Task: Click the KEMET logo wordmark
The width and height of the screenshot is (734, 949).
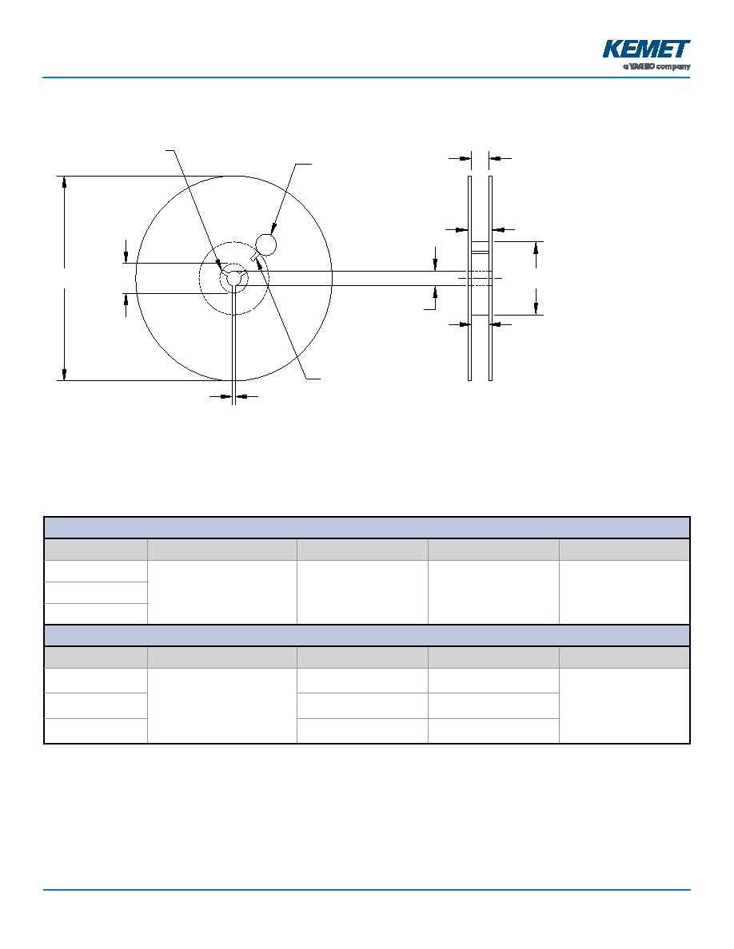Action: click(x=646, y=49)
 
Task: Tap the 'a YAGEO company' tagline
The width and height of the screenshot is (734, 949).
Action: click(x=657, y=66)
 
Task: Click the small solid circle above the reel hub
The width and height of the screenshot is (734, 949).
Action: click(x=266, y=244)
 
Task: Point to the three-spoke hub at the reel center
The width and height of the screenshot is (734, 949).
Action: click(x=233, y=278)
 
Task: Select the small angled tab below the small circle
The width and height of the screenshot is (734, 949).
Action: click(x=257, y=259)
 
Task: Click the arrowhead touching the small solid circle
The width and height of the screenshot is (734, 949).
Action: click(x=273, y=228)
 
